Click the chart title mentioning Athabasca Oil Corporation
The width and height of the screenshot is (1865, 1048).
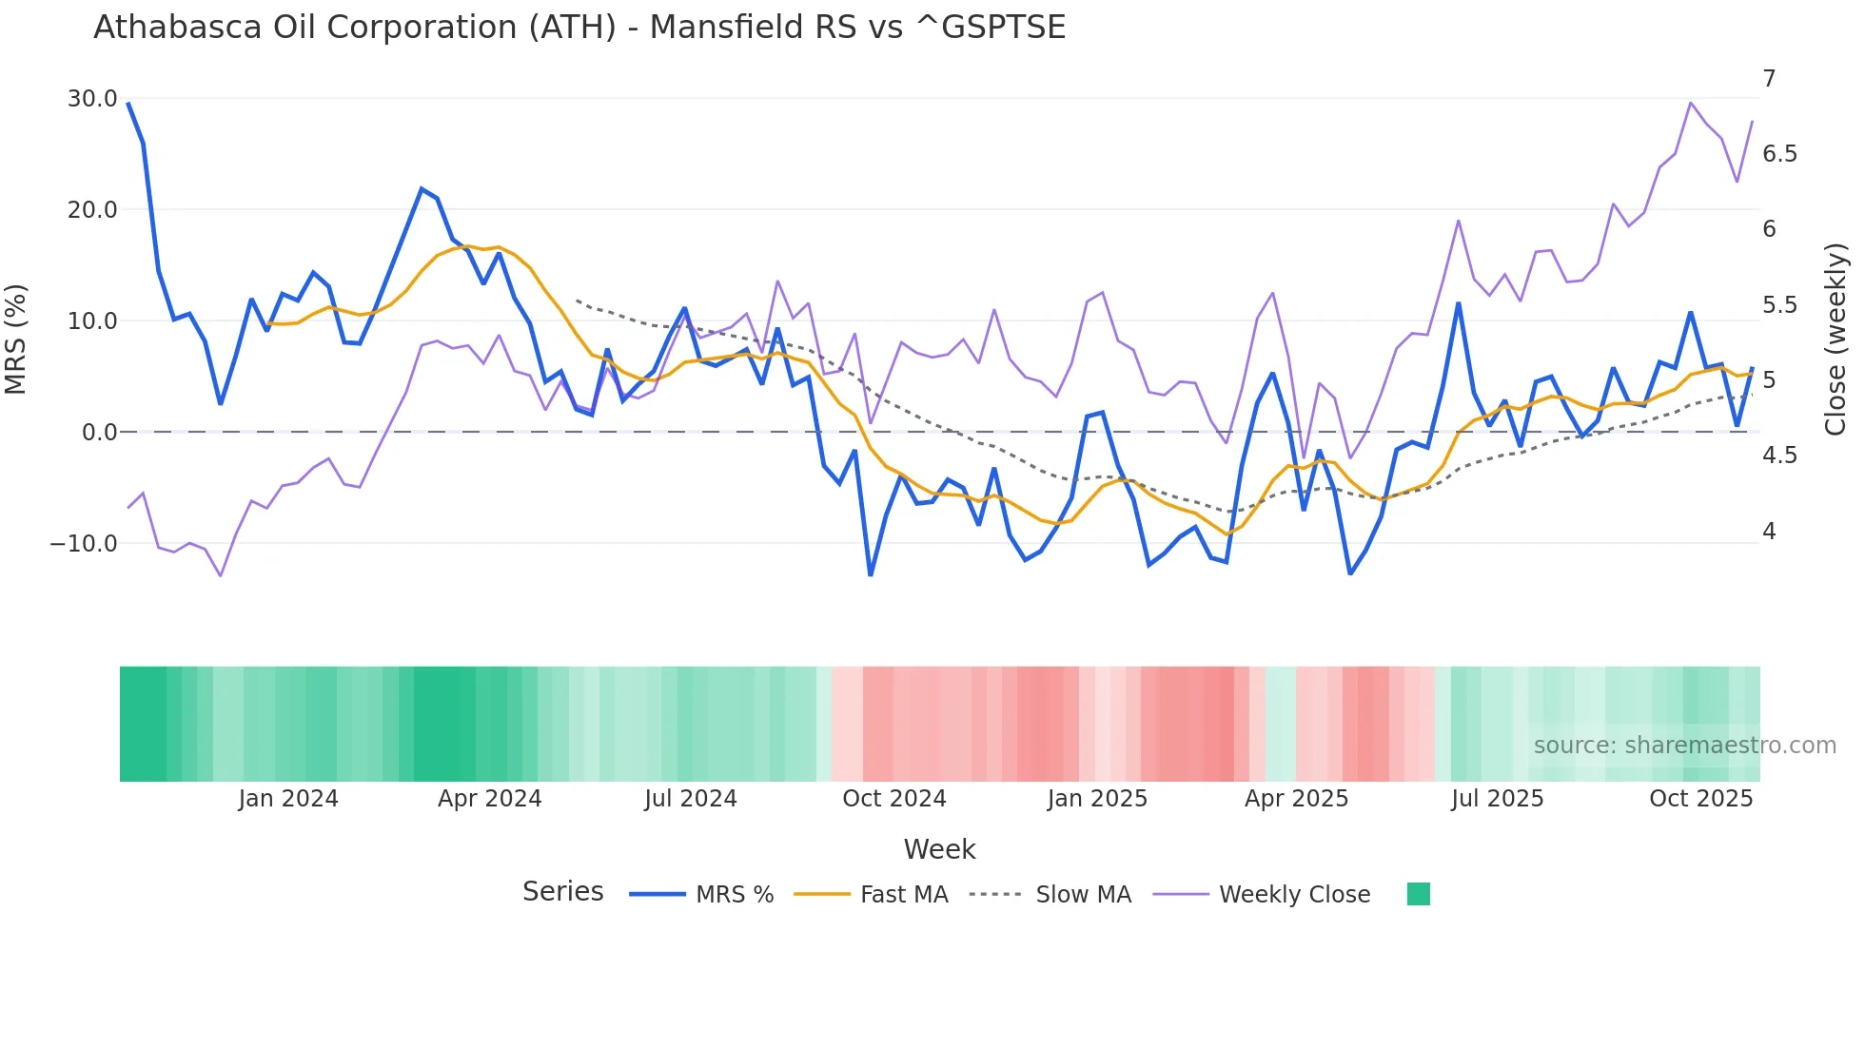pos(579,28)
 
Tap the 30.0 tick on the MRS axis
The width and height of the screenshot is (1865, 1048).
pos(92,99)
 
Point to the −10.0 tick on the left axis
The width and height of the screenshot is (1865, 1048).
pos(84,544)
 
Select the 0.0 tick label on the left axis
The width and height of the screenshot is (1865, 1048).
pos(99,433)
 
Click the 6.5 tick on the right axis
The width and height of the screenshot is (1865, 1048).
pos(1779,154)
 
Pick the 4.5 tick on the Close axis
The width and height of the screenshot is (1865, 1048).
pos(1779,456)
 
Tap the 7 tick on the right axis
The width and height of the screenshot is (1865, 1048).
pos(1769,79)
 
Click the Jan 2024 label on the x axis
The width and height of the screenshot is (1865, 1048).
pos(288,799)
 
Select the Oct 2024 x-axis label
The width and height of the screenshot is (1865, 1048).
pos(893,799)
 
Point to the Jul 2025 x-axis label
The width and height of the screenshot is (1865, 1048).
pos(1497,799)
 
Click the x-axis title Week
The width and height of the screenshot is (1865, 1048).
pos(939,849)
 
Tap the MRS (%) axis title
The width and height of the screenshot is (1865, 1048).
pos(16,339)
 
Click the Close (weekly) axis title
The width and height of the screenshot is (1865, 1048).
pos(1836,339)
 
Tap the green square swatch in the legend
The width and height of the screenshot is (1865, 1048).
pos(1418,894)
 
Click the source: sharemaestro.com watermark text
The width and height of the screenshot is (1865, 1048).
pos(1684,746)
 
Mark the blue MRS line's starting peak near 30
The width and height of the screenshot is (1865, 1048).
pos(128,104)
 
